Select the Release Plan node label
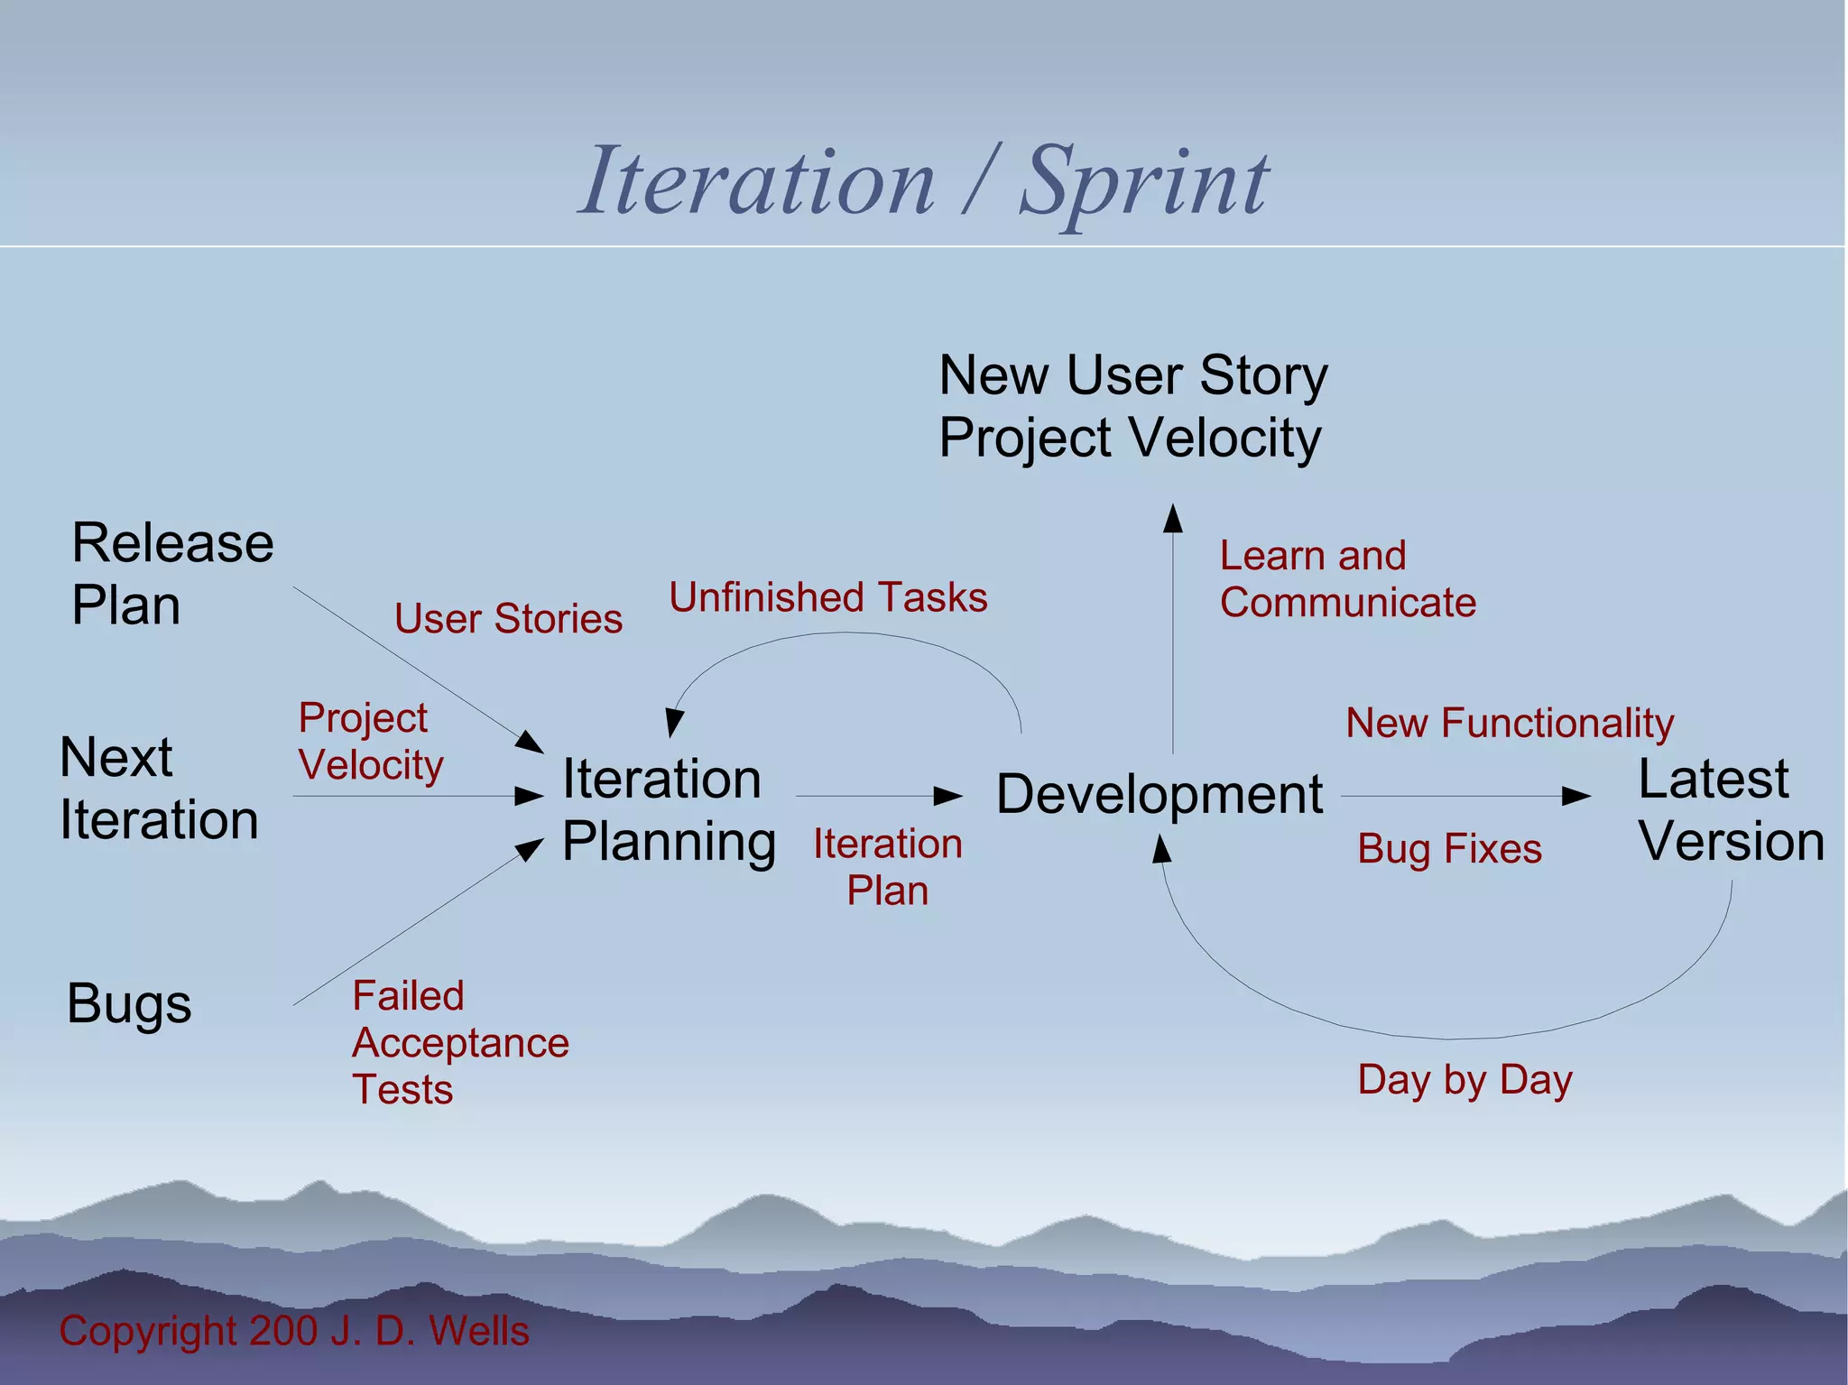tap(171, 573)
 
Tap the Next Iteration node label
tap(159, 788)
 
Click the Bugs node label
tap(129, 1003)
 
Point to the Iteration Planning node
tap(668, 809)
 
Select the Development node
tap(1160, 795)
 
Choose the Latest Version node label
tap(1730, 809)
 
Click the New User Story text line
tap(1132, 375)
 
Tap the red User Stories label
tap(508, 619)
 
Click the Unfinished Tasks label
tap(827, 597)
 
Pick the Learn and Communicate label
tap(1347, 579)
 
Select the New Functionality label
tap(1510, 723)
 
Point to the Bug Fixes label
tap(1449, 849)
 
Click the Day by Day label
tap(1465, 1080)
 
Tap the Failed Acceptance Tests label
tap(460, 1042)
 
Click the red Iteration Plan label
tap(887, 867)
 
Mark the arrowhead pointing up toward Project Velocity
tap(1172, 518)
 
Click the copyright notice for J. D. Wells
tap(294, 1331)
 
